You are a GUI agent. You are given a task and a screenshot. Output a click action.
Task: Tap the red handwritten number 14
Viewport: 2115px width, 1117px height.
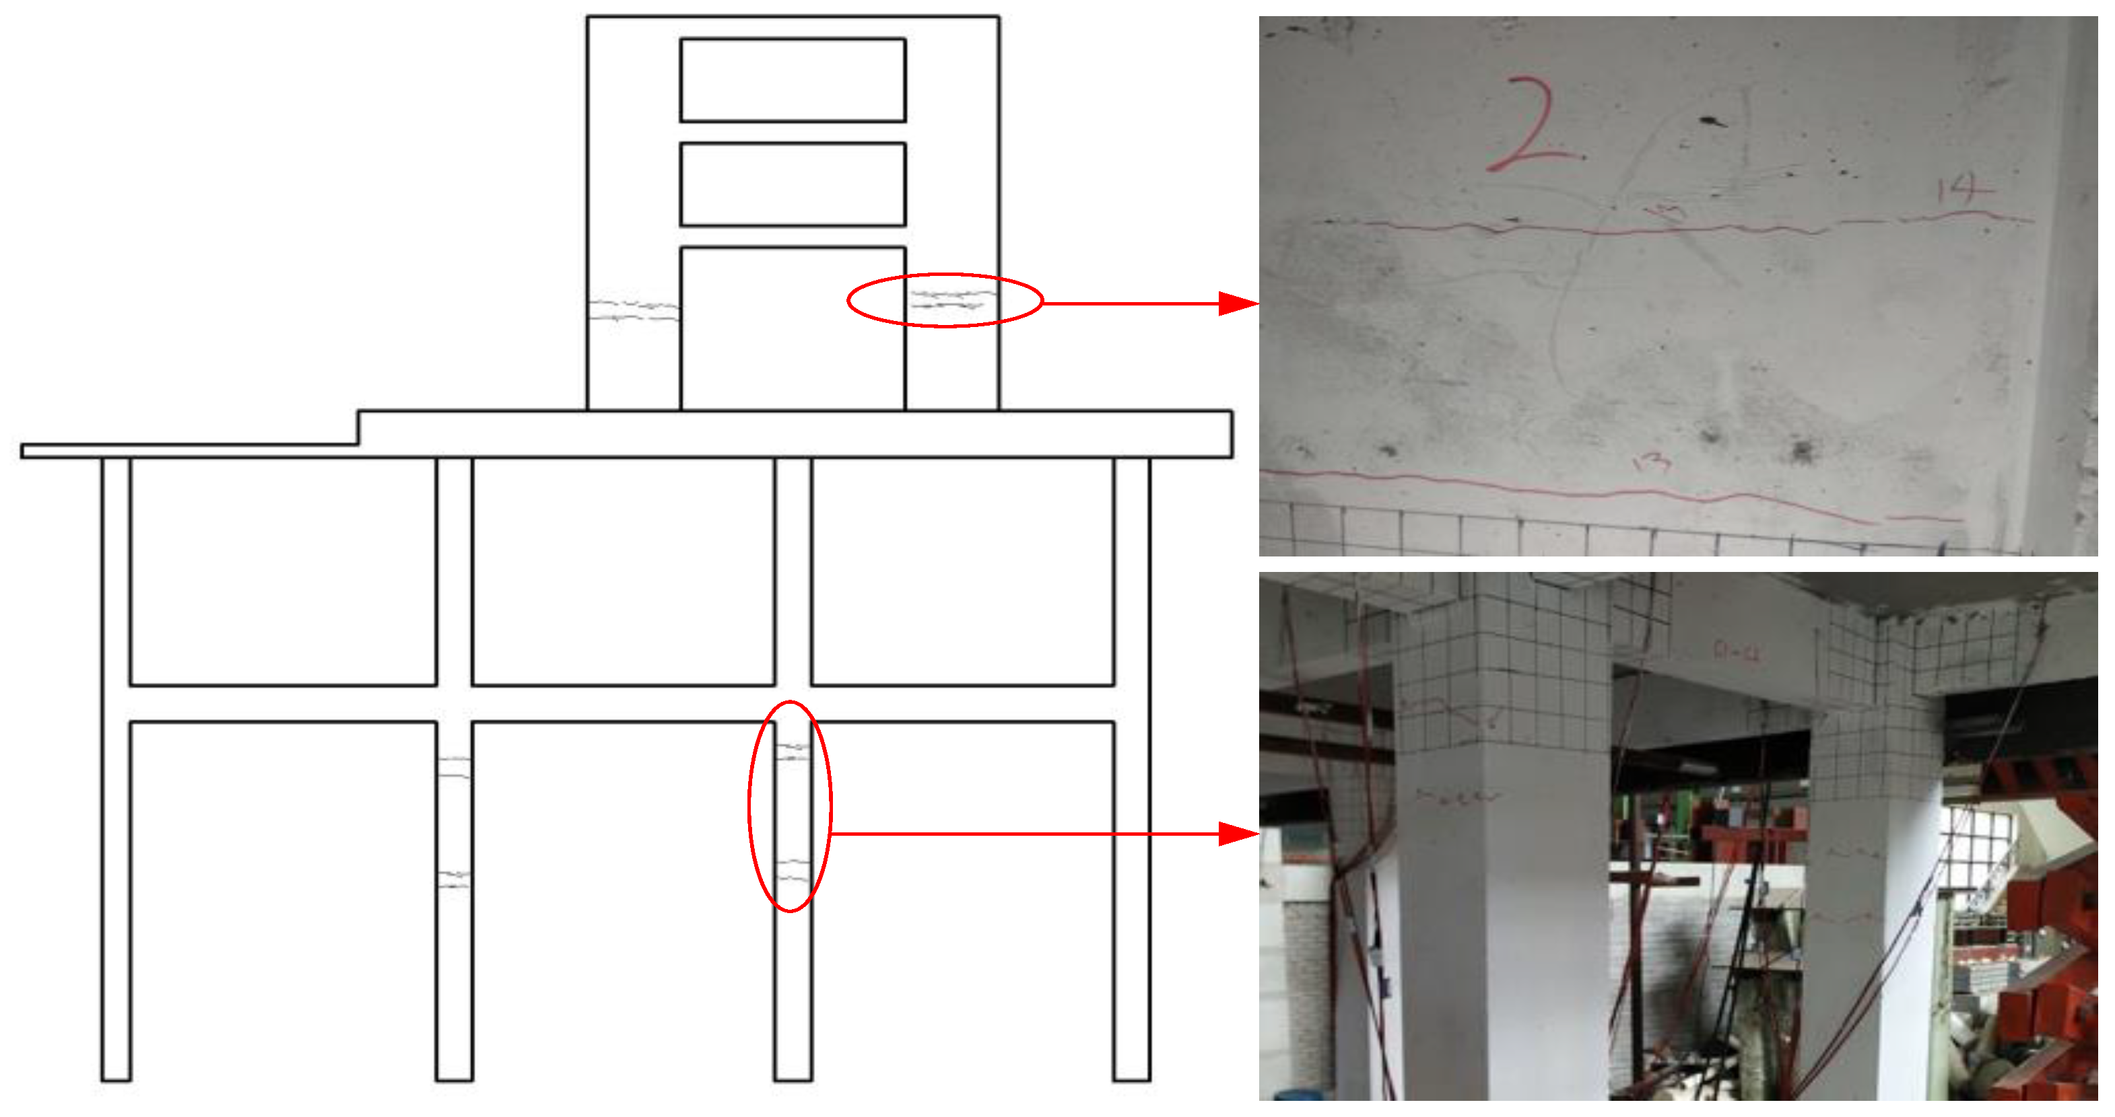(1964, 190)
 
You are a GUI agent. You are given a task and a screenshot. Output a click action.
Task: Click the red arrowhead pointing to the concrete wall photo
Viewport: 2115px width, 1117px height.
(1238, 303)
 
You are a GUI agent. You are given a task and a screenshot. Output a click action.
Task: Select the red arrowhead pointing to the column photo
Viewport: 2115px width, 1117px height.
(1238, 834)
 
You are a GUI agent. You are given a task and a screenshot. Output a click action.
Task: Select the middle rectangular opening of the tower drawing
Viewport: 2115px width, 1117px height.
(793, 184)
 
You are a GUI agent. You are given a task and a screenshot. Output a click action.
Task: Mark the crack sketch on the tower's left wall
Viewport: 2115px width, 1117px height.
(633, 310)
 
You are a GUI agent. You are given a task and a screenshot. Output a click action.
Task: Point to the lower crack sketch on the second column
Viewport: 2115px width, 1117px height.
(454, 879)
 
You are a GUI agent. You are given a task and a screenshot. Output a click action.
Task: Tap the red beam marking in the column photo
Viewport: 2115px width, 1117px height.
(1737, 653)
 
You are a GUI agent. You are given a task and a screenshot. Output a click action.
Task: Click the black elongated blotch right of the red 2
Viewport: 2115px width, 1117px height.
(1712, 122)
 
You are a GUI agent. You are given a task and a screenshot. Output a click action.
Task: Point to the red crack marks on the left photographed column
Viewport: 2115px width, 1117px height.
(1457, 796)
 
